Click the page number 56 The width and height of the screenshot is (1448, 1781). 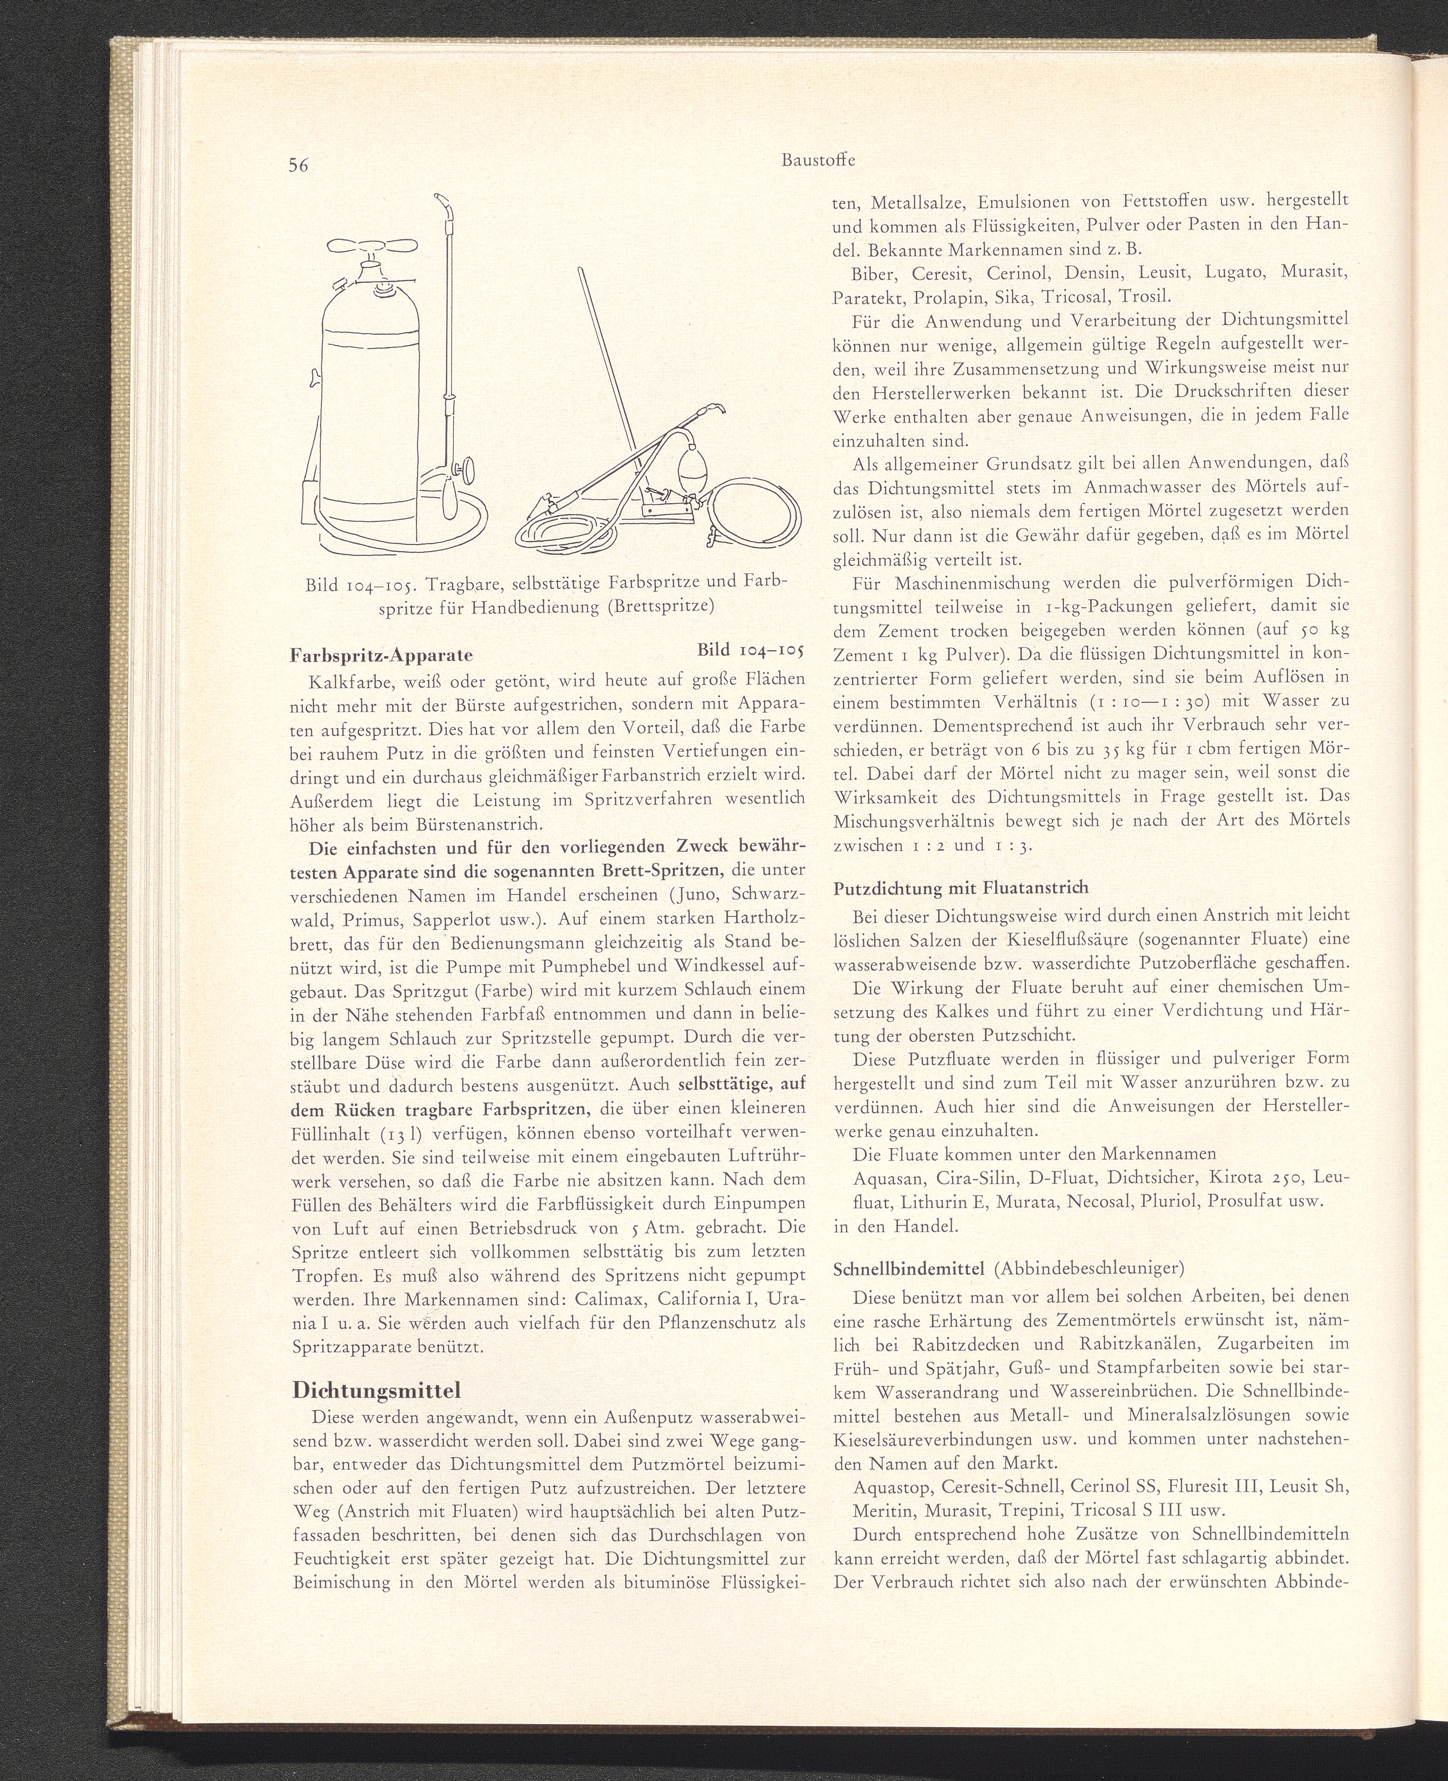pyautogui.click(x=299, y=165)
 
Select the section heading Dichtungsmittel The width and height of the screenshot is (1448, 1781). pyautogui.click(x=376, y=1392)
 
